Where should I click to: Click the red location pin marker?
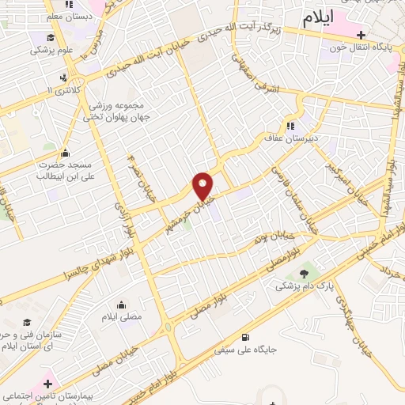pyautogui.click(x=203, y=186)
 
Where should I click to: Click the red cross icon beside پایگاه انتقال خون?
pyautogui.click(x=361, y=34)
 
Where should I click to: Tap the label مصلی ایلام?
pyautogui.click(x=121, y=316)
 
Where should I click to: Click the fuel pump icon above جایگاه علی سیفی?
pyautogui.click(x=252, y=335)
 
